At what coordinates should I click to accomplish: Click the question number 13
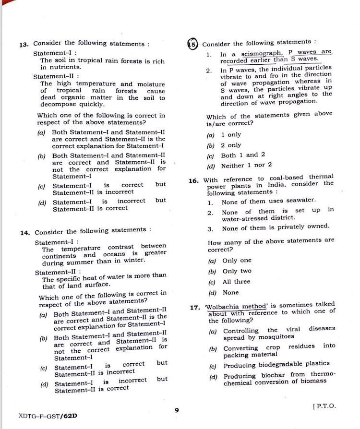pyautogui.click(x=24, y=45)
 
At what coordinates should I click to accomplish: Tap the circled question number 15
pyautogui.click(x=192, y=44)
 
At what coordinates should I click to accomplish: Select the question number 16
pyautogui.click(x=193, y=181)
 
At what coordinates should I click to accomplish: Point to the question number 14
pyautogui.click(x=25, y=233)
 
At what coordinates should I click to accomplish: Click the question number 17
pyautogui.click(x=194, y=308)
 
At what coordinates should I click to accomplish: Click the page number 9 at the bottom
pyautogui.click(x=177, y=410)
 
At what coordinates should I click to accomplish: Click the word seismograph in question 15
pyautogui.click(x=262, y=53)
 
